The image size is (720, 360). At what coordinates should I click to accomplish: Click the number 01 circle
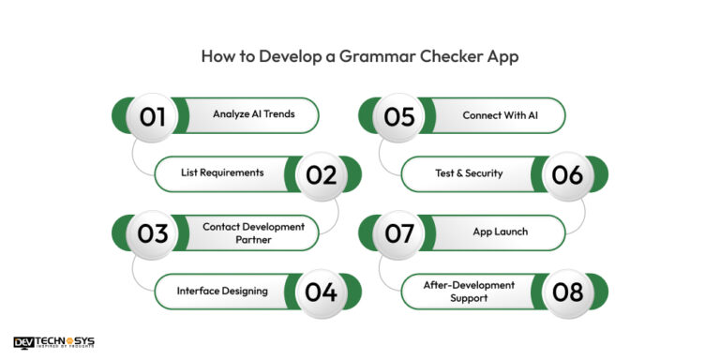click(153, 116)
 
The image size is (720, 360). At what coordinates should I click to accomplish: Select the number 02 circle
click(321, 174)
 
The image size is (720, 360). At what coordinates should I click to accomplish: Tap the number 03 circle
click(153, 232)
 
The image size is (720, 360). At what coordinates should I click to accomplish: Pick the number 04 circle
click(321, 291)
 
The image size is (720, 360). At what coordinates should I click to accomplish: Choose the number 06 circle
click(567, 174)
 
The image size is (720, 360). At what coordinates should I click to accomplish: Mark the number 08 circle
click(567, 291)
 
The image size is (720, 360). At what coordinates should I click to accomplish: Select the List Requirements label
click(222, 172)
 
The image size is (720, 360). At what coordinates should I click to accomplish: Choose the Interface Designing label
click(222, 291)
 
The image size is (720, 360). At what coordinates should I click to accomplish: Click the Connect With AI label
click(500, 115)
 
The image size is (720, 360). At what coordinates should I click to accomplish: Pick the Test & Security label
click(469, 172)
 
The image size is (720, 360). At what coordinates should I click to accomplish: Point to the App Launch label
click(500, 232)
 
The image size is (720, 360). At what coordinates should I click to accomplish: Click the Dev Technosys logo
click(53, 343)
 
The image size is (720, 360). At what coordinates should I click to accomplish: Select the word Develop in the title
click(278, 55)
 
